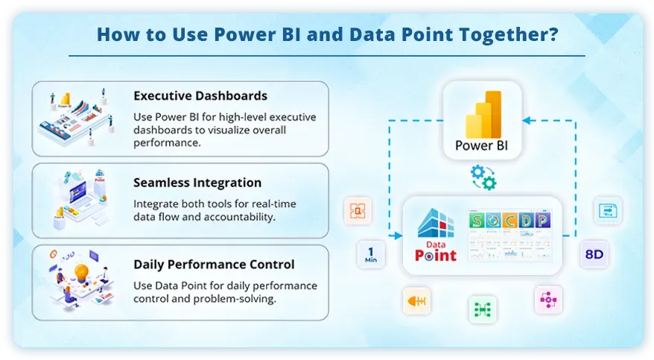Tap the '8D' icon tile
pyautogui.click(x=594, y=255)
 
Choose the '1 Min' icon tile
pyautogui.click(x=370, y=255)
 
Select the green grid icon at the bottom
pyautogui.click(x=482, y=309)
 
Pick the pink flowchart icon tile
pyautogui.click(x=548, y=300)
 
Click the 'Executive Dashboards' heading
pyautogui.click(x=200, y=96)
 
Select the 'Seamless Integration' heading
pyautogui.click(x=197, y=183)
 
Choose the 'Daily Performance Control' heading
pyautogui.click(x=214, y=265)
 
